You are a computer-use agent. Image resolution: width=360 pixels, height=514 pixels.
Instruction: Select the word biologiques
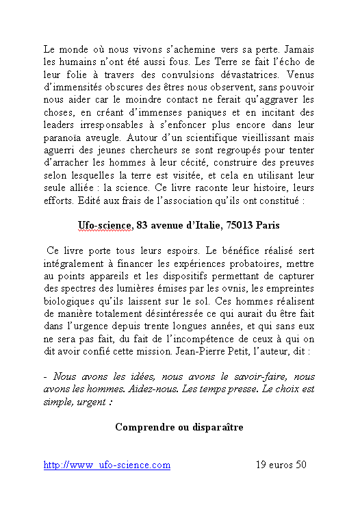(x=70, y=300)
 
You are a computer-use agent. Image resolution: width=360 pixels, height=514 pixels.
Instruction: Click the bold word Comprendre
(x=146, y=427)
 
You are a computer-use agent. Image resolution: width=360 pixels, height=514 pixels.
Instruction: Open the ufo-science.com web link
(x=107, y=465)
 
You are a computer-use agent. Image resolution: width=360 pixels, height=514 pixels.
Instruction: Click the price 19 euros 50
(x=281, y=465)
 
